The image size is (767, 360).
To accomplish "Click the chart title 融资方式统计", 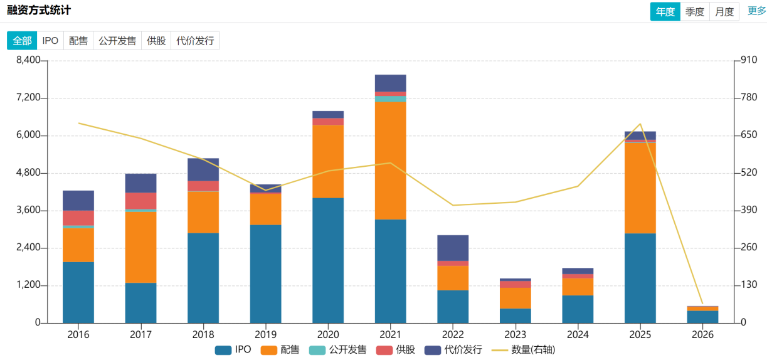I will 39,11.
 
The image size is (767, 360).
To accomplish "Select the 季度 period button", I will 695,11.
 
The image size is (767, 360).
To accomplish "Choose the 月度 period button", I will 724,11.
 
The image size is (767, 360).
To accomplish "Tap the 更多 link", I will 757,11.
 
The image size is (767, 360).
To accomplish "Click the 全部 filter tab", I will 22,41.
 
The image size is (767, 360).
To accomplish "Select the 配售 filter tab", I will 78,41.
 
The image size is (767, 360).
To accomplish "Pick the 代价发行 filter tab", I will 195,41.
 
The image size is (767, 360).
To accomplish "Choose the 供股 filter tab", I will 156,41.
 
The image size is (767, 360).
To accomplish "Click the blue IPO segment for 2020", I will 328,260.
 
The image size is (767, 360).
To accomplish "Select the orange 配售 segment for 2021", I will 391,161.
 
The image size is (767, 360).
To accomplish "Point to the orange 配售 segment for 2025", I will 640,188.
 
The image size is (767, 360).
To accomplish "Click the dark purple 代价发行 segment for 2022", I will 453,248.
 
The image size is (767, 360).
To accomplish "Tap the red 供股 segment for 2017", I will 140,201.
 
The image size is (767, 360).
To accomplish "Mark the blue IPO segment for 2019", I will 265,273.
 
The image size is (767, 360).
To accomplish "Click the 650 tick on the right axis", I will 749,135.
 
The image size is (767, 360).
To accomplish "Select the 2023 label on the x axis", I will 516,335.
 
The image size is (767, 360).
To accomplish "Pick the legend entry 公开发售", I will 338,350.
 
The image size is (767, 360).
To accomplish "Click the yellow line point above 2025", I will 640,124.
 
